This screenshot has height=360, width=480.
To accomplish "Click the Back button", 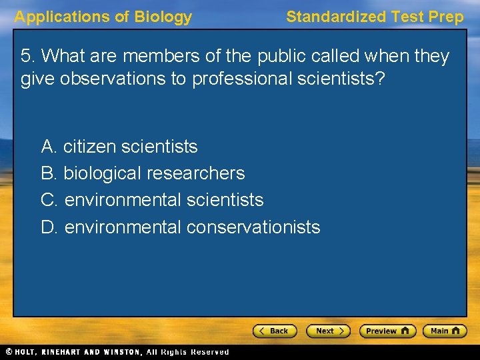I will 273,331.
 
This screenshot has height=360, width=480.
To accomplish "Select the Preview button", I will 387,331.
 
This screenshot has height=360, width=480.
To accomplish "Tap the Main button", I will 446,331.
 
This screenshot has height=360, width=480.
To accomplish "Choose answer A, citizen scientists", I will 119,146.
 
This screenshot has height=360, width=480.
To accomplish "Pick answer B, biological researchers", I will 143,173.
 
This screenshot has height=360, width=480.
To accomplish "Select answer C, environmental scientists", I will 152,200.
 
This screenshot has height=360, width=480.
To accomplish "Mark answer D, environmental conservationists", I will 181,227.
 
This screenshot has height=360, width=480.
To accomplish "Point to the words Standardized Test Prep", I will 375,17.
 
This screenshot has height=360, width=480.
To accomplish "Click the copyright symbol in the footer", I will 8,352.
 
